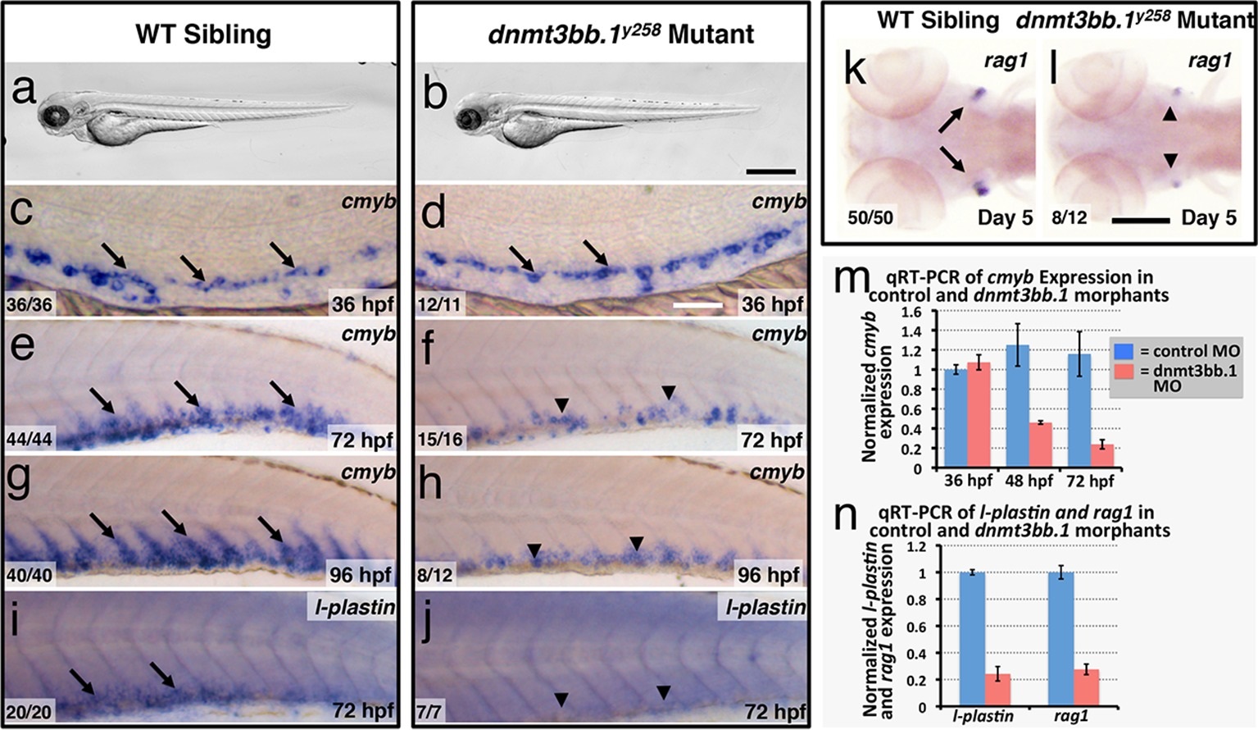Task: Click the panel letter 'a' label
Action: (24, 89)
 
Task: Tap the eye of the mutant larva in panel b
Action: (470, 120)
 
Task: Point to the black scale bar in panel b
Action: (771, 171)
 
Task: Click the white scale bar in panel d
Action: (697, 304)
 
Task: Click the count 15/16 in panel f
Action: (439, 440)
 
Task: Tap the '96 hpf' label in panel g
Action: (361, 574)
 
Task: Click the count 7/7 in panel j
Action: (429, 710)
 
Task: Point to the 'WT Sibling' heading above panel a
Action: (203, 34)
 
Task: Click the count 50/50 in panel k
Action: (870, 218)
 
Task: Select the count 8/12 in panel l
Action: (1070, 218)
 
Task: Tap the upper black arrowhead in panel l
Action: (1170, 116)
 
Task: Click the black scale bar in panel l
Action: (1140, 221)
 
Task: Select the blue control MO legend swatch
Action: (1124, 350)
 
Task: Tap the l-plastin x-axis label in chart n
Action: (983, 716)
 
